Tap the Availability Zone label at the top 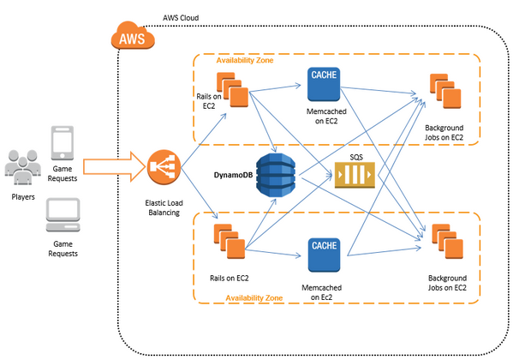pos(245,61)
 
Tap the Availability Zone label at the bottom pos(254,297)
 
